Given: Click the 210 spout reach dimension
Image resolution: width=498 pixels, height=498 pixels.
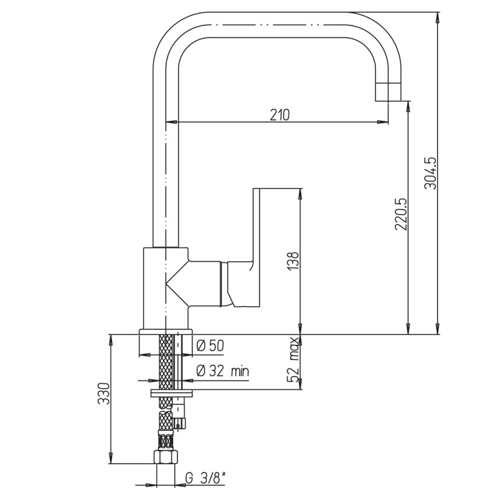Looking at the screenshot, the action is click(x=280, y=115).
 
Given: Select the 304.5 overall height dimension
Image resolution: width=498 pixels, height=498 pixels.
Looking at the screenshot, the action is click(x=431, y=173).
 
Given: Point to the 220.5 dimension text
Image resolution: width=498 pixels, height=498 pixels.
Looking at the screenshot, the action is click(x=401, y=214).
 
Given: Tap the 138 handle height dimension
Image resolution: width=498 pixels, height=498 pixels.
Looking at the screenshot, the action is click(x=293, y=261).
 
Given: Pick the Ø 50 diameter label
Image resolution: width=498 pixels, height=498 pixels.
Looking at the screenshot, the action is click(x=210, y=345).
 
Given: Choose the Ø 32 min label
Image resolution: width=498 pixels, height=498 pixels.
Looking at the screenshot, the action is click(x=223, y=370).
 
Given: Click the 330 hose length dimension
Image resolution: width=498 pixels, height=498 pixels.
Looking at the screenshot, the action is click(x=103, y=393).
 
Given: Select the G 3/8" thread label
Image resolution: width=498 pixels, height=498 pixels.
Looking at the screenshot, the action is click(x=205, y=478).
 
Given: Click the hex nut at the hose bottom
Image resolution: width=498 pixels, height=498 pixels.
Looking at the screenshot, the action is click(x=166, y=457).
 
